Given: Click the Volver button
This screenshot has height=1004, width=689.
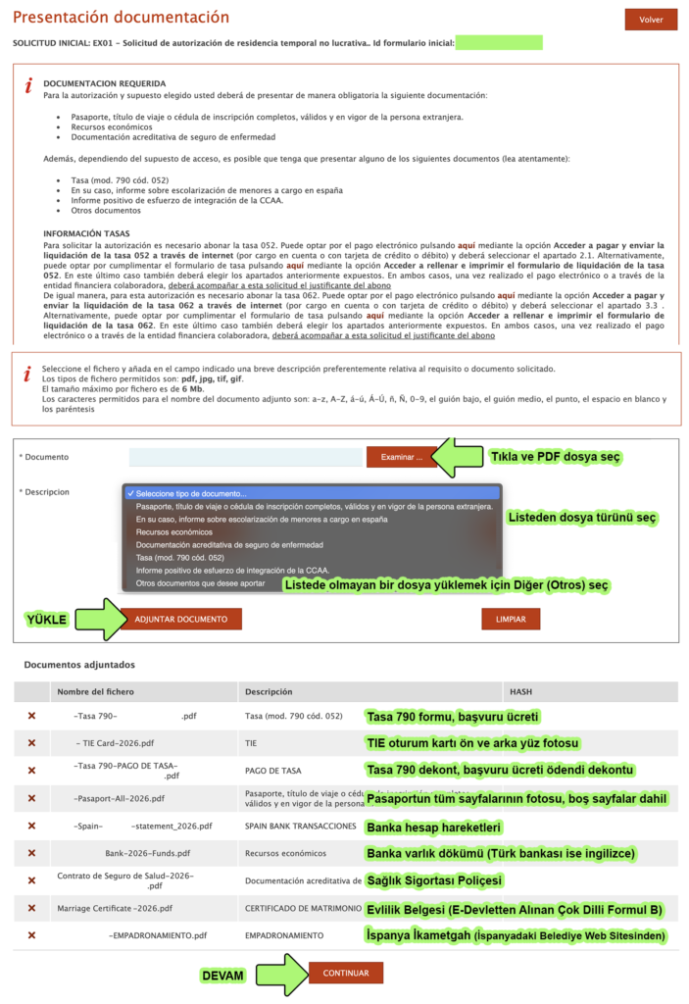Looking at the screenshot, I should point(651,20).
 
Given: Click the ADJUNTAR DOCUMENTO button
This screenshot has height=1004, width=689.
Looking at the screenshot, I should point(180,620).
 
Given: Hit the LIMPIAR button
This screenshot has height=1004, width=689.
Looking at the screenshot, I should point(512,620).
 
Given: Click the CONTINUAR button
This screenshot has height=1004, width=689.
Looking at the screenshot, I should point(345,974).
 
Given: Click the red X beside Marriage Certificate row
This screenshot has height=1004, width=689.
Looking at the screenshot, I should point(31,908).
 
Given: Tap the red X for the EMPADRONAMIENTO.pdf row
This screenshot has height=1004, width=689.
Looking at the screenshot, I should point(31,935).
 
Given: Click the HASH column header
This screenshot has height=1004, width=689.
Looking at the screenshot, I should point(520,691).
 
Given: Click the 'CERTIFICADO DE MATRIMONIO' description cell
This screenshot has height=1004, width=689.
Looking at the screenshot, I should point(299,908).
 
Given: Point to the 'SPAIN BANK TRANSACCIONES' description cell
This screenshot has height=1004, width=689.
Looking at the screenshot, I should point(300,826).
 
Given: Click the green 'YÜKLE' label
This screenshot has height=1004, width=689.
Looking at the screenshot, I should point(45,620).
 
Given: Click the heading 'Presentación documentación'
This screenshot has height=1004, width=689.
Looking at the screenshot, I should point(121,18).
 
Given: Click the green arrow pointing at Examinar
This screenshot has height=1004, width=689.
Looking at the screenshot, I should point(457,457).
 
